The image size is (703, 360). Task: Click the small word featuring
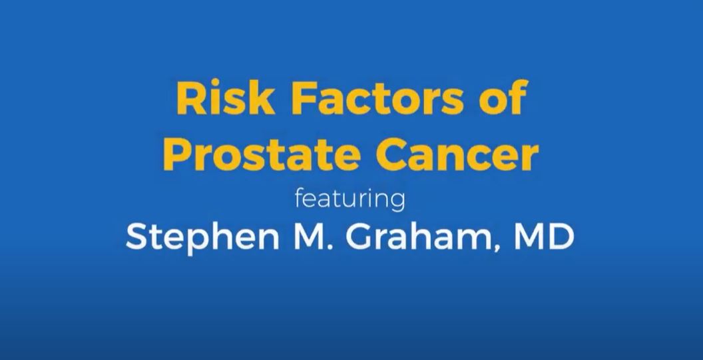tap(350, 199)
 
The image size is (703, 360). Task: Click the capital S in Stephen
tap(135, 238)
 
